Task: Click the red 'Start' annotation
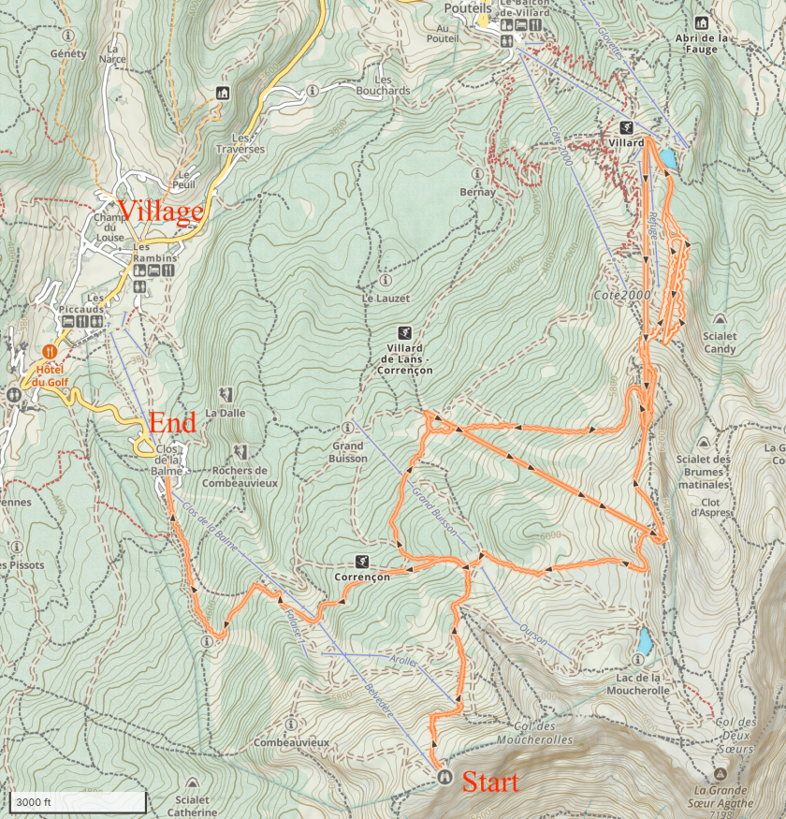490,782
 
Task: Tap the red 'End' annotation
172,423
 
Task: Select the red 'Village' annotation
159,212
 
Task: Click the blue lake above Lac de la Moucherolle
644,641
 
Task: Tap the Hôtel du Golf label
51,374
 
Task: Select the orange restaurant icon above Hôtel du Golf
51,352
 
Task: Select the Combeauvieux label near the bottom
292,742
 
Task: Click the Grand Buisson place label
347,452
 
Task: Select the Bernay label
477,192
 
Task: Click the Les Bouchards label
383,85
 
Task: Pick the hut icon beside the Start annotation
443,776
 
